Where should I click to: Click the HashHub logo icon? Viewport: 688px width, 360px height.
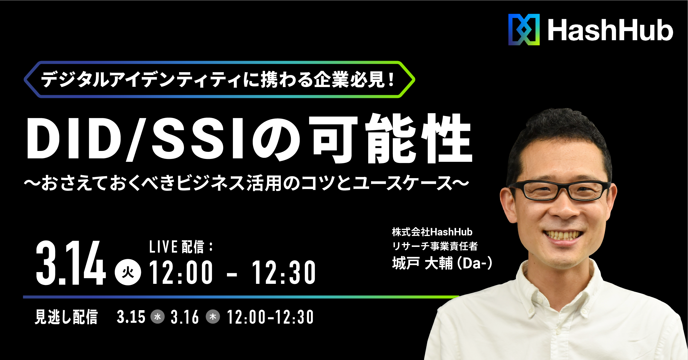pos(524,29)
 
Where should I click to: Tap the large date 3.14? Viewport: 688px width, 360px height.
pos(71,263)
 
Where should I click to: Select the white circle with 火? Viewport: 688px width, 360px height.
pos(128,272)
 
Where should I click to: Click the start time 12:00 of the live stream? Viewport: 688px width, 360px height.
pos(181,272)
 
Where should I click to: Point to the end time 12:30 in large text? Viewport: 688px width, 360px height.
pos(284,272)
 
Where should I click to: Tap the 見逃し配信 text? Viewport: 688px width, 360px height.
pos(66,317)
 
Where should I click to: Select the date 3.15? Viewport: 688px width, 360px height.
pos(131,317)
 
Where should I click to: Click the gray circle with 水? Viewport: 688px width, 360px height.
pos(158,317)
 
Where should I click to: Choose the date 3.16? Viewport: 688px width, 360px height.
pos(185,317)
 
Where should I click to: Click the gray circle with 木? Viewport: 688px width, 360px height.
pos(213,317)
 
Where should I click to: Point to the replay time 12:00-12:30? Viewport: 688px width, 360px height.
pos(270,317)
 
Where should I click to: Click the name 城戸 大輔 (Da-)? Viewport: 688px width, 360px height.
pos(442,263)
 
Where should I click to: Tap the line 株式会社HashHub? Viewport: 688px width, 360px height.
pos(432,232)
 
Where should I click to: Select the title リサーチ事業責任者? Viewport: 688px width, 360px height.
pos(435,246)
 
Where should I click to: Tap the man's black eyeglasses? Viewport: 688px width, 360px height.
pos(559,190)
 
